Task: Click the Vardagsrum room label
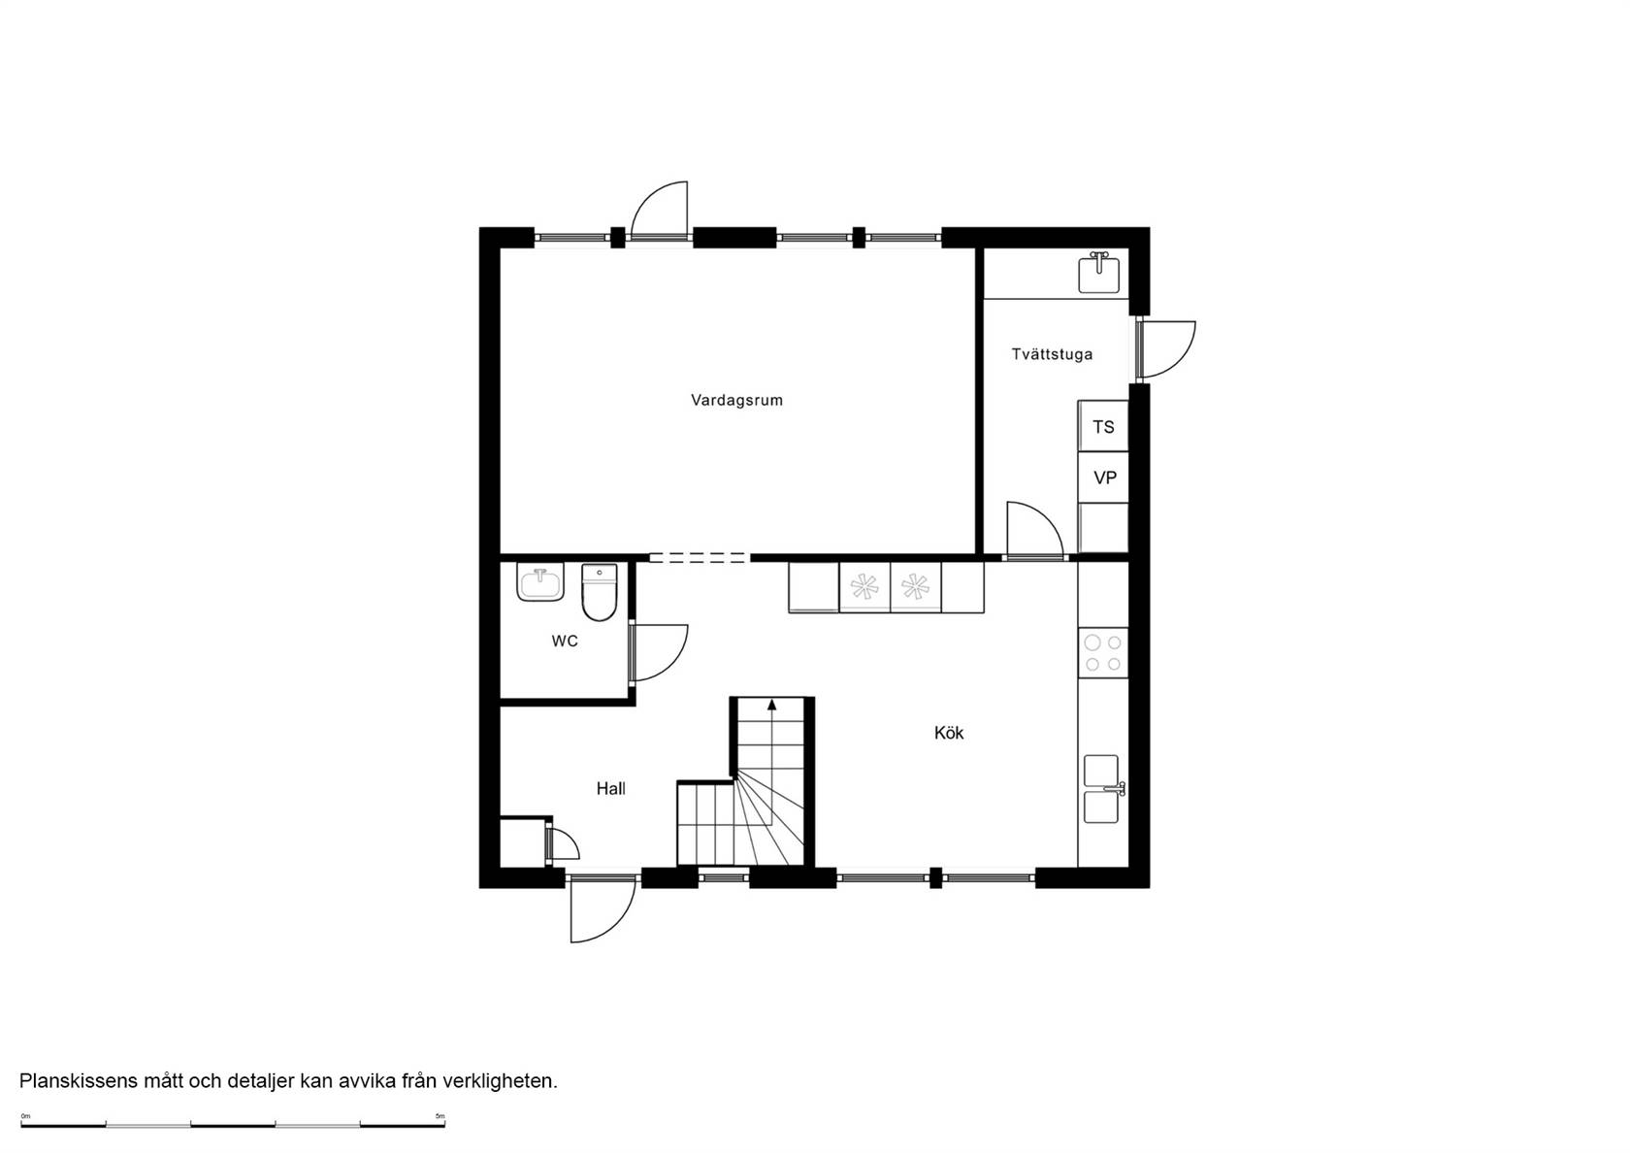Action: click(736, 400)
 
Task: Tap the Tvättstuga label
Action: click(1052, 354)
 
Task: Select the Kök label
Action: click(949, 732)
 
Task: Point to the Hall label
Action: click(610, 788)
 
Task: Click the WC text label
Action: click(565, 642)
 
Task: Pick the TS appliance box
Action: click(1103, 427)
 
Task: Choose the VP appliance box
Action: click(1103, 478)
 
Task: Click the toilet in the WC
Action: click(600, 592)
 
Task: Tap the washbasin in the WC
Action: click(539, 582)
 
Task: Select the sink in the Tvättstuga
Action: click(1098, 273)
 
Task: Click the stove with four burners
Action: click(1103, 653)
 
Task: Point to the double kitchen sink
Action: click(1102, 789)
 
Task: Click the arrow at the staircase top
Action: click(771, 705)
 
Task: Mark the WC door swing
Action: click(659, 653)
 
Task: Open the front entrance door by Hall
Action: click(603, 910)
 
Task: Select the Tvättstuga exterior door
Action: click(1166, 350)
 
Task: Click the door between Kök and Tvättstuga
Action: click(1034, 531)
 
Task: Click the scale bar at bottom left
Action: click(233, 1125)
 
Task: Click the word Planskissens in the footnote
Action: click(79, 1081)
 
